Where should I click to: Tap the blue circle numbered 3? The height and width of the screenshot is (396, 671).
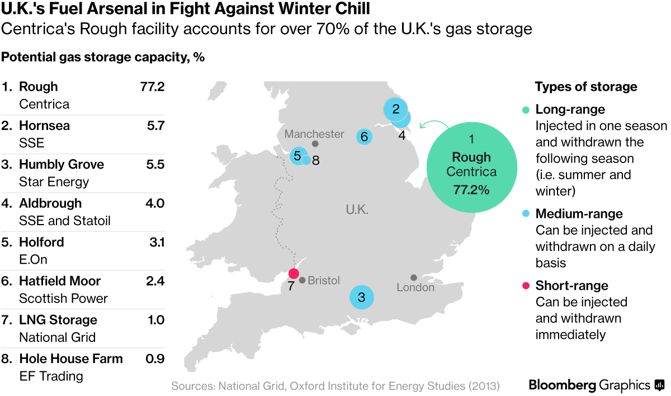tap(361, 297)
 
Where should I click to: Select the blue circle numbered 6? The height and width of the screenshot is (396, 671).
tap(364, 136)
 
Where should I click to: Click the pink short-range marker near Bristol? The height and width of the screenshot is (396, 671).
tap(292, 273)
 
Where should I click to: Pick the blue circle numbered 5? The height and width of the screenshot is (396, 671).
tap(297, 156)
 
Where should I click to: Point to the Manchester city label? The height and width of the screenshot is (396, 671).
tap(314, 134)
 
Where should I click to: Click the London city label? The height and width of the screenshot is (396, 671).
tap(415, 287)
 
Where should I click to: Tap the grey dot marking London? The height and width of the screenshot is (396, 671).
tap(414, 277)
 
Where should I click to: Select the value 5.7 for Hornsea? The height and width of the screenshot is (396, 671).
tap(154, 125)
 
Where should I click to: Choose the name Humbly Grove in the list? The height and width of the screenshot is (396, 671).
tap(62, 164)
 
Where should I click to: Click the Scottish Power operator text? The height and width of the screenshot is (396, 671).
tap(63, 299)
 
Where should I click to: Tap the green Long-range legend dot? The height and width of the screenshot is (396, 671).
tap(526, 110)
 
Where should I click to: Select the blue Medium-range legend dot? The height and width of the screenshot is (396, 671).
tap(526, 214)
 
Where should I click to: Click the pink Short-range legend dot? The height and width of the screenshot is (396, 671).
tap(526, 286)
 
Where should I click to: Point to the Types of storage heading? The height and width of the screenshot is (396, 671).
tap(586, 87)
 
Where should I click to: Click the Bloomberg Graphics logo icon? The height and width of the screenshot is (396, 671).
tap(660, 385)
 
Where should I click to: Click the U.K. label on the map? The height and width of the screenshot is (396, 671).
tap(357, 210)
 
